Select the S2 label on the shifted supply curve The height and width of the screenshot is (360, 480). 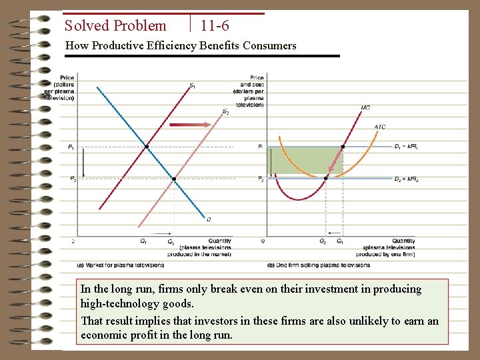pyautogui.click(x=225, y=111)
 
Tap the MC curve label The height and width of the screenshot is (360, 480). pyautogui.click(x=365, y=107)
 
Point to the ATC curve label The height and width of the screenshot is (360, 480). pyautogui.click(x=379, y=127)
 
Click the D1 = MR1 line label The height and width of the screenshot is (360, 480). pyautogui.click(x=406, y=146)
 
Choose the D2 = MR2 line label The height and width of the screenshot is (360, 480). pyautogui.click(x=406, y=179)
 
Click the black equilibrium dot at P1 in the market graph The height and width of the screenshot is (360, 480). pyautogui.click(x=147, y=146)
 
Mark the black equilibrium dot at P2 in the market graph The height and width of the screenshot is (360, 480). pyautogui.click(x=174, y=179)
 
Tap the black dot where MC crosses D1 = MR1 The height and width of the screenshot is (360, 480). pyautogui.click(x=343, y=146)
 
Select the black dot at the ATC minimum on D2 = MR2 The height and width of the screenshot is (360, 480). pyautogui.click(x=326, y=178)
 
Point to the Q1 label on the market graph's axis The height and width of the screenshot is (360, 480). pyautogui.click(x=143, y=241)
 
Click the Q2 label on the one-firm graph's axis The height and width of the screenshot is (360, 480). pyautogui.click(x=323, y=241)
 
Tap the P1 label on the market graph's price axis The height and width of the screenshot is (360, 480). pyautogui.click(x=72, y=147)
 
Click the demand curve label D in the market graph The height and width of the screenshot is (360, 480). pyautogui.click(x=209, y=219)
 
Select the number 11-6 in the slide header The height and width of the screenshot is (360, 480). pyautogui.click(x=215, y=26)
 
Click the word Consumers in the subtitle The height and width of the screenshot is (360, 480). pyautogui.click(x=269, y=45)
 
